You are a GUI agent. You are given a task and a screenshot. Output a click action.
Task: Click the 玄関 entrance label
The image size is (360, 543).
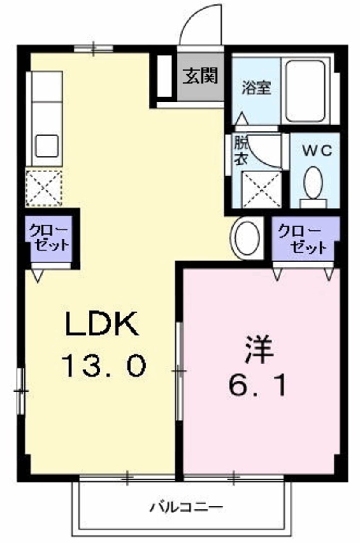200,75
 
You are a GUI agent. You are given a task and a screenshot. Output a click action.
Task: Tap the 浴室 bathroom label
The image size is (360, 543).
257,88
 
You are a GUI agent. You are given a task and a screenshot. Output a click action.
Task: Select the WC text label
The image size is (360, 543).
317,151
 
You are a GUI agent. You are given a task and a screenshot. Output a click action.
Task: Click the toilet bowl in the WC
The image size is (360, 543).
314,183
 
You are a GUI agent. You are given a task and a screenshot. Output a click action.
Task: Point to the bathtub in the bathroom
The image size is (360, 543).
305,91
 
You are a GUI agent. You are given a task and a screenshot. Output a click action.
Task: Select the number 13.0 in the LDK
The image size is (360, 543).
104,366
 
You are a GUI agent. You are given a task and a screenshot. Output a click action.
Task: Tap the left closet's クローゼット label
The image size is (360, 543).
49,237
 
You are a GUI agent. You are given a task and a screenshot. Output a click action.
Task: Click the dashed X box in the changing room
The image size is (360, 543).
262,190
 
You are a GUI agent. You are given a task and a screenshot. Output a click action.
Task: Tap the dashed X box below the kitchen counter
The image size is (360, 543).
44,188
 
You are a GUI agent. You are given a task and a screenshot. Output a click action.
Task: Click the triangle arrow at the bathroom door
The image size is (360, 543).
241,118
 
